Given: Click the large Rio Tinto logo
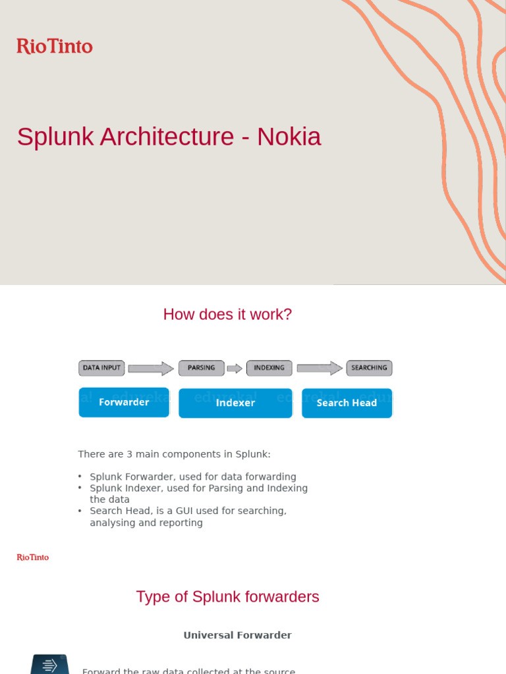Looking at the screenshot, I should [x=55, y=46].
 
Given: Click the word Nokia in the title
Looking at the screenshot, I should [x=289, y=137].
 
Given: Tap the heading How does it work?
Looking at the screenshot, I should [x=227, y=315].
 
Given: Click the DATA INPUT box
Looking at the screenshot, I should [x=101, y=368].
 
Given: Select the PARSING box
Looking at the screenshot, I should [x=201, y=368].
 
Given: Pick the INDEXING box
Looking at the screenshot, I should [x=269, y=368].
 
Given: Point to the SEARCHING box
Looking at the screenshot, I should [x=369, y=368].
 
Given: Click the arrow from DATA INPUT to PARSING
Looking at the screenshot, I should [x=151, y=369].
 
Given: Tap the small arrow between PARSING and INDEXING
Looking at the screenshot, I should [x=235, y=369].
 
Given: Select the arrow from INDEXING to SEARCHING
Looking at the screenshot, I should [x=320, y=369].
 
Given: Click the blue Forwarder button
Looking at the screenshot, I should [x=124, y=402].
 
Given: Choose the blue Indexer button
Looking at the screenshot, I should [x=235, y=403].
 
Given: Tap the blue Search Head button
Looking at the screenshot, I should [x=347, y=403].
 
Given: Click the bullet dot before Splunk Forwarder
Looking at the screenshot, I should [x=80, y=477].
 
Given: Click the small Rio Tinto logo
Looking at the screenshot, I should [x=33, y=557].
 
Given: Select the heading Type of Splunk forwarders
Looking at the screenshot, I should [x=227, y=597].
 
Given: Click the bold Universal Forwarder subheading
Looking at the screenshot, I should [x=237, y=635].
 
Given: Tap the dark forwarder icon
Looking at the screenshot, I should [x=49, y=664].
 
